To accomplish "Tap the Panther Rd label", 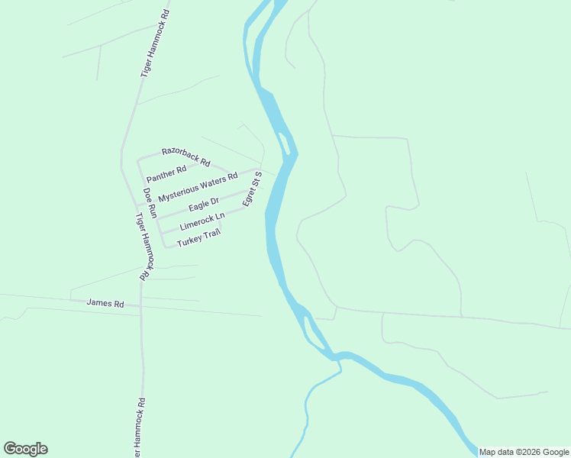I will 166,174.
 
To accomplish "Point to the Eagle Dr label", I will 204,205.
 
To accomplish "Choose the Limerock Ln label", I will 202,221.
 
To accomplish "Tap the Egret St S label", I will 252,189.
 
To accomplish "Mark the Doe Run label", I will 150,203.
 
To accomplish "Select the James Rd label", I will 105,303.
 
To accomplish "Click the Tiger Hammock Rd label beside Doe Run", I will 145,246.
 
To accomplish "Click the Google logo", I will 25,449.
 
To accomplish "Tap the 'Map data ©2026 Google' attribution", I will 524,452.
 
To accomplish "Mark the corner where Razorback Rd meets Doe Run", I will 138,160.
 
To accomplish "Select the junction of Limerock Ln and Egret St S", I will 247,208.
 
